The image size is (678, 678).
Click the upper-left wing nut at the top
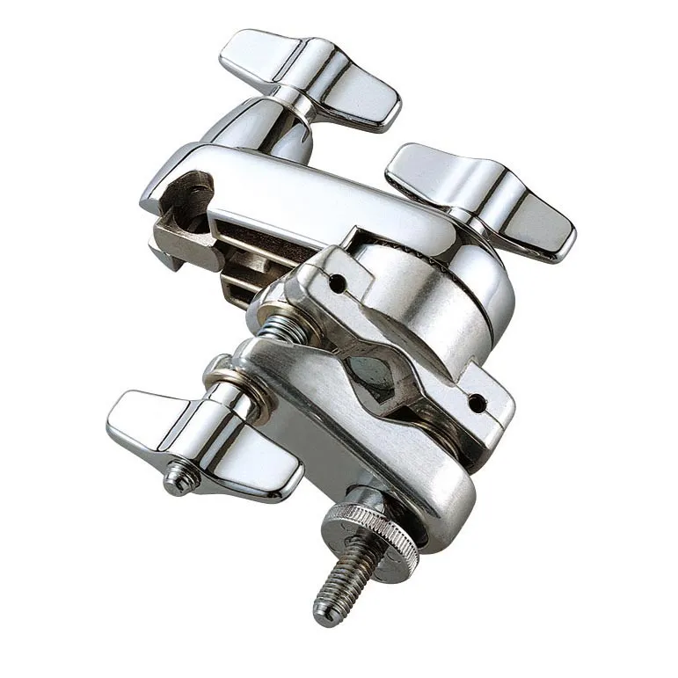308,77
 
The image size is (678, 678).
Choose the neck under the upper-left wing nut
264,123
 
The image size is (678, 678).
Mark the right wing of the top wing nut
361,97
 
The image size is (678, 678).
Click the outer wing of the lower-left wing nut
145,418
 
